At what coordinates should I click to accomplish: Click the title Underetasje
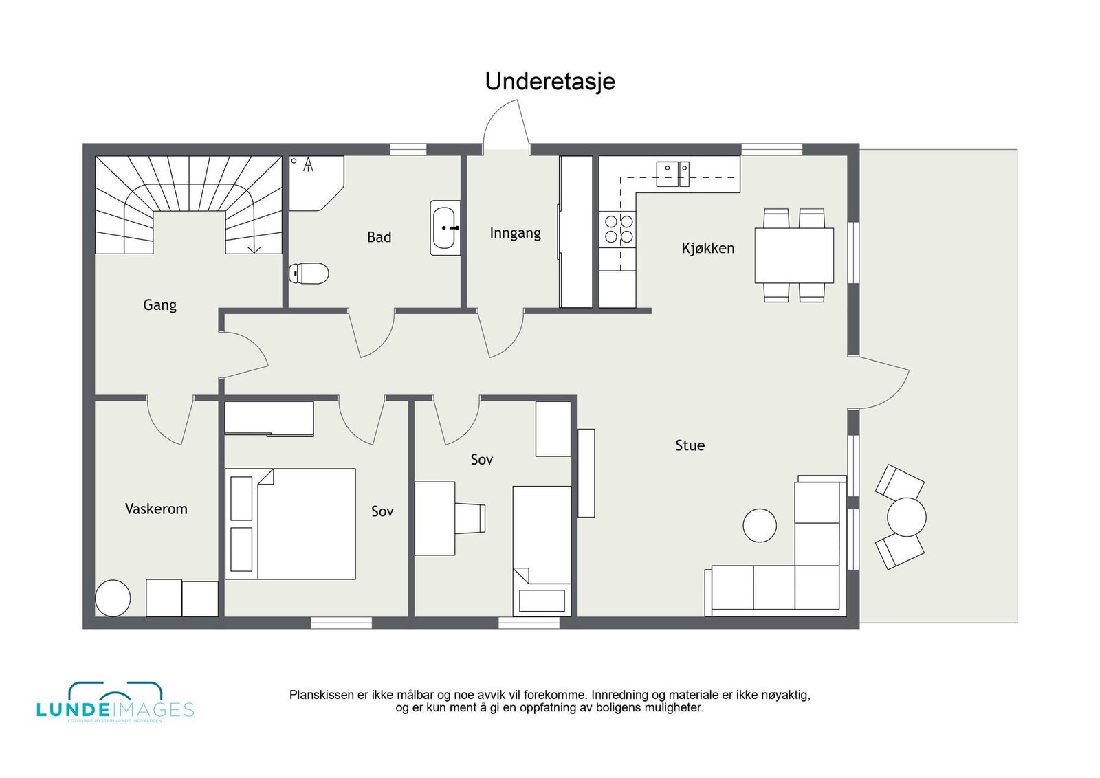tap(550, 81)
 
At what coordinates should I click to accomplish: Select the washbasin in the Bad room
tap(445, 227)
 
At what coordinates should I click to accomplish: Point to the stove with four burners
tap(618, 230)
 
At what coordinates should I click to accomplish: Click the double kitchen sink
tap(672, 174)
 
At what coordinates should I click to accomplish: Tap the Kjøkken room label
tap(707, 248)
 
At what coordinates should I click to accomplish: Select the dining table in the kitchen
tap(794, 255)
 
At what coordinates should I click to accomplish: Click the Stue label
tap(690, 445)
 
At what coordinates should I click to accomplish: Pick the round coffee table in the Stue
tap(760, 525)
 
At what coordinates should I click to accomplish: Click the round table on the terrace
tap(906, 517)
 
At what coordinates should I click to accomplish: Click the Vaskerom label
tap(156, 509)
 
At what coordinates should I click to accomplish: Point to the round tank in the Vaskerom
tap(113, 598)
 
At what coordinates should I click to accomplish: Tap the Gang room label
tap(159, 304)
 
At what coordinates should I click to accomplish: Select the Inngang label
tap(515, 233)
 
